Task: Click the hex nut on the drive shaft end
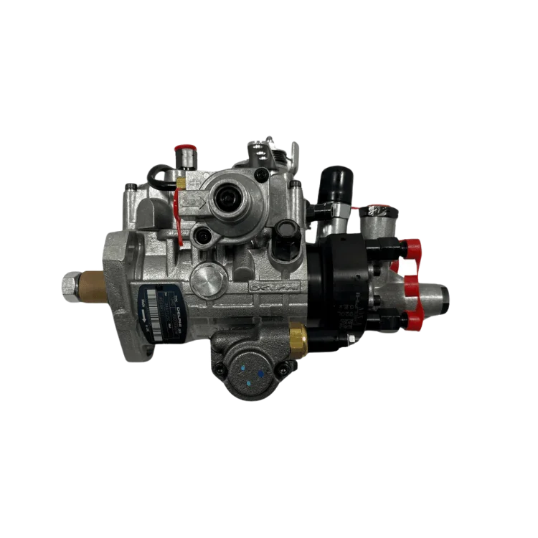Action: pyautogui.click(x=69, y=286)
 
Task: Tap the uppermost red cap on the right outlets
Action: pyautogui.click(x=412, y=249)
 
